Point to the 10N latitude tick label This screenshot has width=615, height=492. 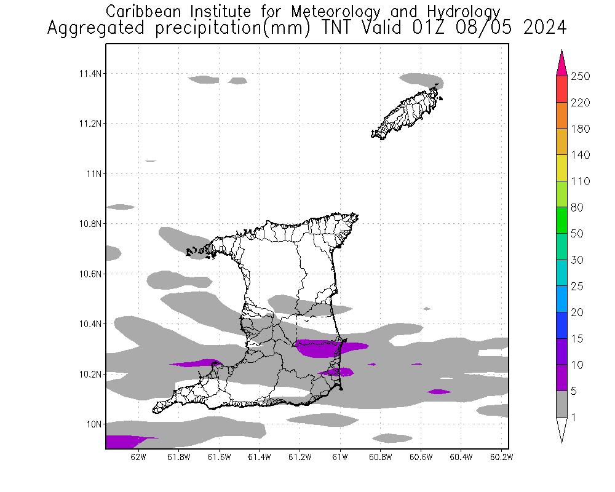[92, 424]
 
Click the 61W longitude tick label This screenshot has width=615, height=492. [340, 457]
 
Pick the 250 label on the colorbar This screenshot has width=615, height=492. [580, 76]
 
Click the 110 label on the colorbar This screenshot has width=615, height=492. [580, 181]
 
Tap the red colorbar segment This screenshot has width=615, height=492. [561, 89]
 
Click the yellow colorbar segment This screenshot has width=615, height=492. [561, 168]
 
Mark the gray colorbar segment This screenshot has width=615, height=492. [561, 404]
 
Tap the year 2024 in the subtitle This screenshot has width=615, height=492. [545, 28]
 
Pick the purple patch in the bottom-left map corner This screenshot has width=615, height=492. [123, 442]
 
